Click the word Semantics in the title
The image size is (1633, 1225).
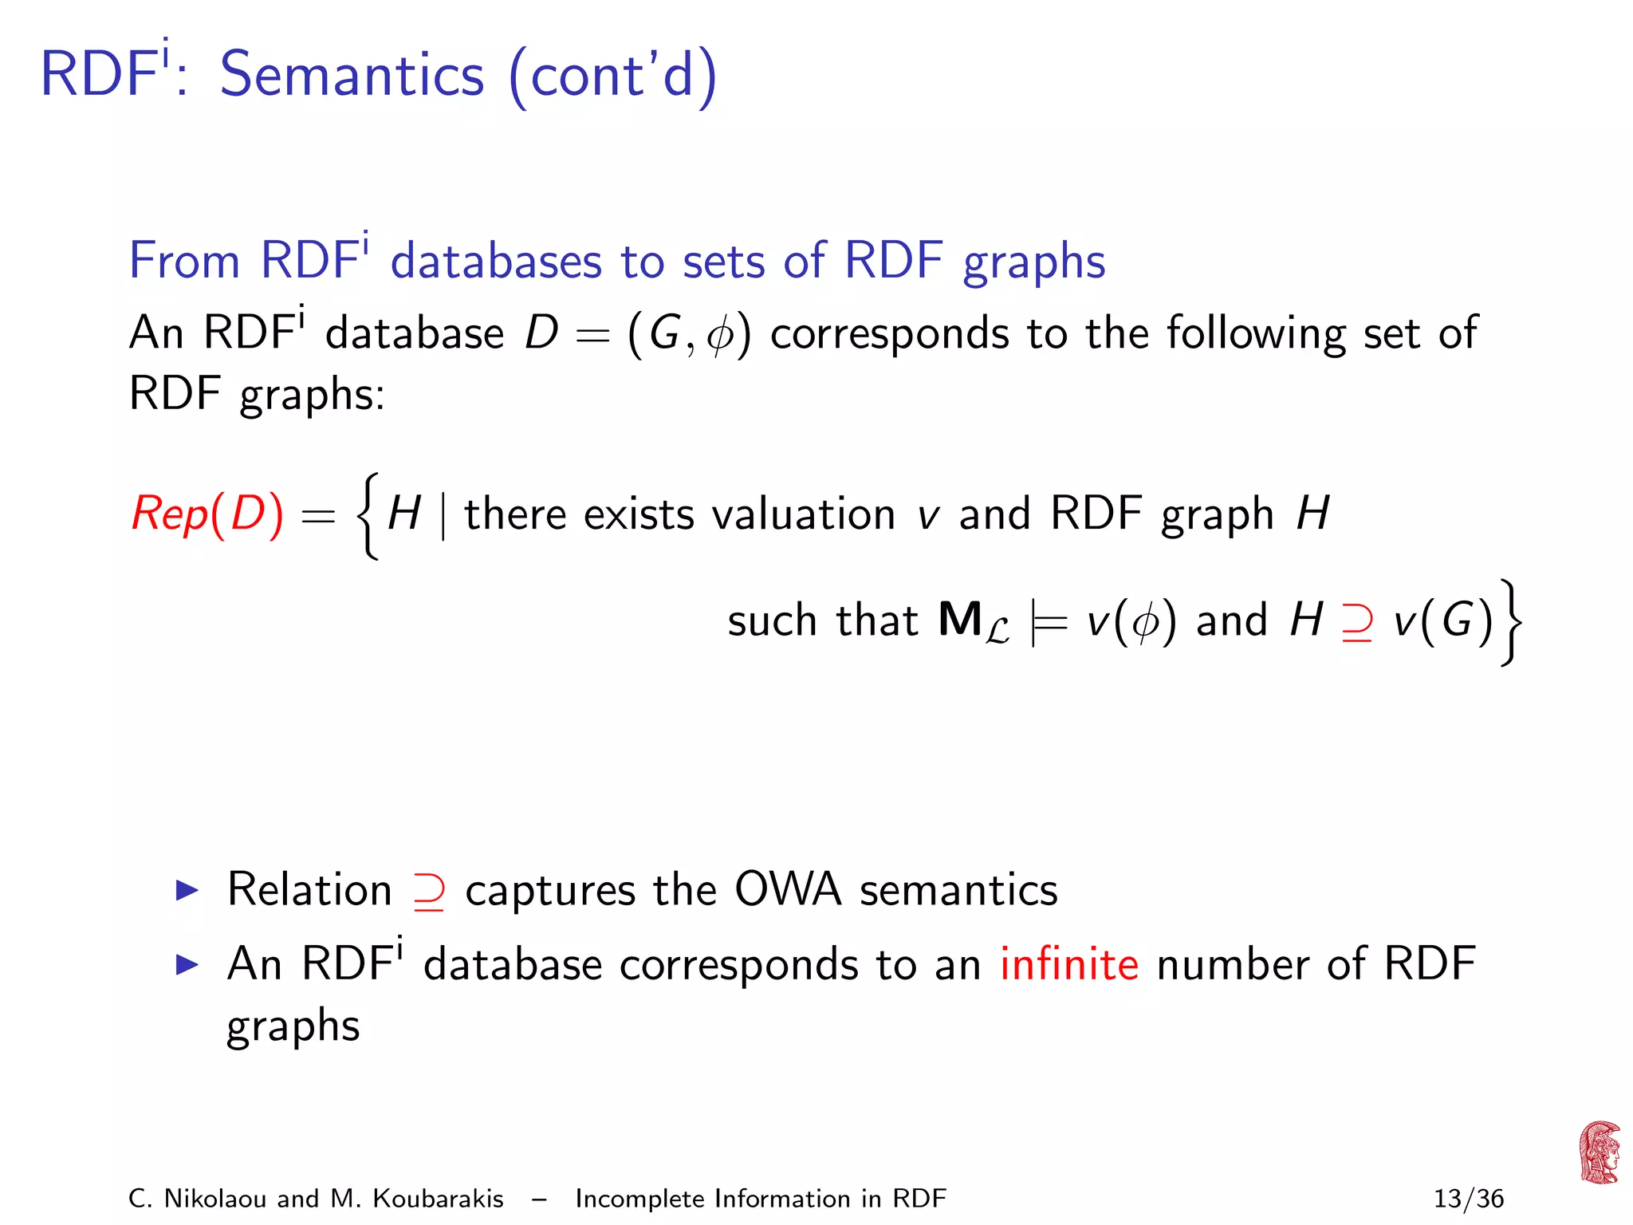click(352, 75)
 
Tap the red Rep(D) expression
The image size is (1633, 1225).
click(207, 514)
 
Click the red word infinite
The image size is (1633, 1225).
click(1068, 964)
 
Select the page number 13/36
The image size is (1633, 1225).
click(1468, 1199)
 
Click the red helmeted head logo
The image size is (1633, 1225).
click(1599, 1153)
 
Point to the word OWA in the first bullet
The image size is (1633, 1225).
click(787, 890)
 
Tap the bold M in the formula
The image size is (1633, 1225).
click(959, 620)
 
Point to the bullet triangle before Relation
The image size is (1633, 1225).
click(187, 890)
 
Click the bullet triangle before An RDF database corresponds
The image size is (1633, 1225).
click(187, 965)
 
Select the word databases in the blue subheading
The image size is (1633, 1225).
click(495, 262)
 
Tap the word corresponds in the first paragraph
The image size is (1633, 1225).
click(889, 334)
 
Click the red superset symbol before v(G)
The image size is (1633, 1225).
click(1356, 623)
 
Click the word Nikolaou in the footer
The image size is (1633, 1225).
click(214, 1199)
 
